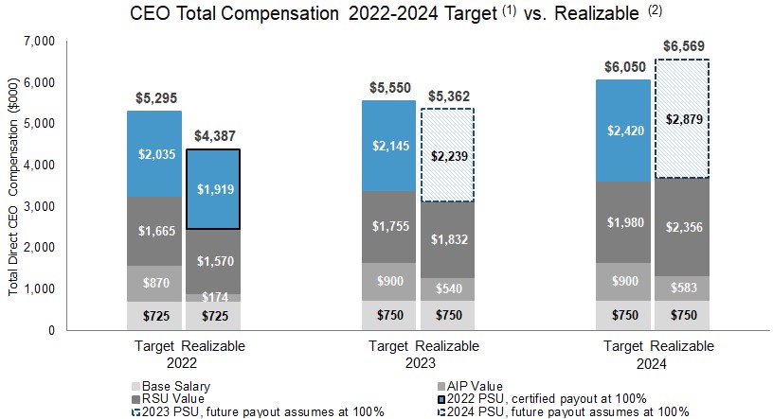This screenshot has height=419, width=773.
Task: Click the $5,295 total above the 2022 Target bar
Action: pyautogui.click(x=155, y=97)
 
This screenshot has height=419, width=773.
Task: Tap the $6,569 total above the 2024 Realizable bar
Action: pyautogui.click(x=684, y=45)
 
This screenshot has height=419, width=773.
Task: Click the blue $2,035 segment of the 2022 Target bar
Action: pyautogui.click(x=155, y=154)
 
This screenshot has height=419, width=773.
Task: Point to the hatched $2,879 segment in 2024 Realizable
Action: pyautogui.click(x=684, y=119)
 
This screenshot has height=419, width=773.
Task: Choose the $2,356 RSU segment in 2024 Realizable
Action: pyautogui.click(x=684, y=227)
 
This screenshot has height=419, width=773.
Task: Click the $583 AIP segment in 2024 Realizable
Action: pyautogui.click(x=684, y=288)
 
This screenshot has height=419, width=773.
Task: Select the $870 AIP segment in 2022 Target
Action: pyautogui.click(x=155, y=283)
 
